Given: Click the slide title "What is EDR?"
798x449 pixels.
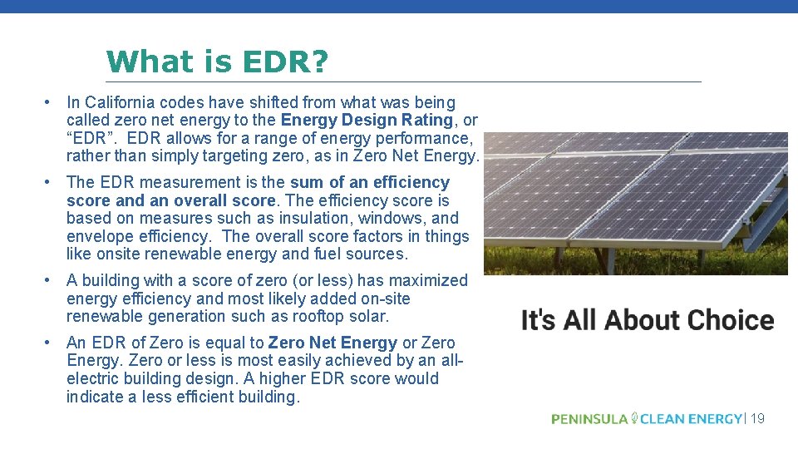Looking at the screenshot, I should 218,61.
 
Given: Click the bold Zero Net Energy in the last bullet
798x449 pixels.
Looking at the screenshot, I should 332,343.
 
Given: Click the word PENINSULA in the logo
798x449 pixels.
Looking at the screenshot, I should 589,419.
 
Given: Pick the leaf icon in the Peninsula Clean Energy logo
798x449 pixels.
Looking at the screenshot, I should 634,417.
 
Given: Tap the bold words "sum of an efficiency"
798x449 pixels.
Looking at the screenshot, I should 370,183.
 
